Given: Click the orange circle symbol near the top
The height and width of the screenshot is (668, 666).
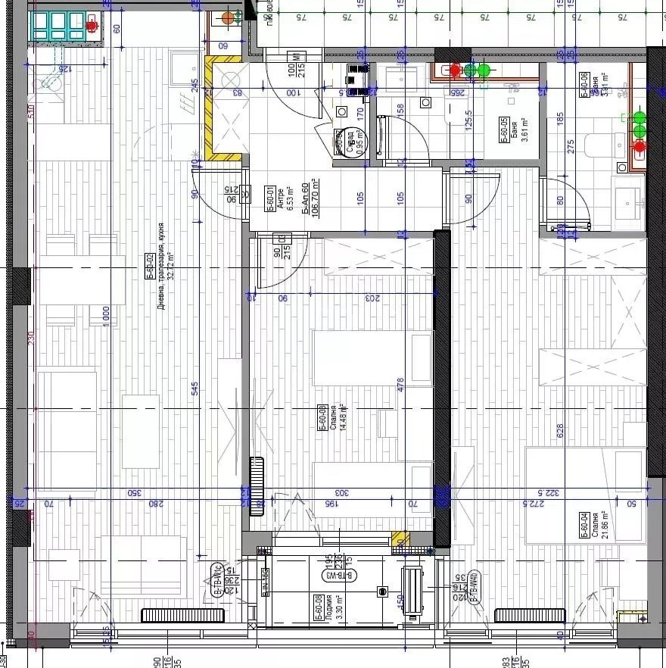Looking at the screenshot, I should [x=229, y=18].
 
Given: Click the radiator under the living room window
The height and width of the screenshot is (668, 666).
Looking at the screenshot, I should [x=182, y=615].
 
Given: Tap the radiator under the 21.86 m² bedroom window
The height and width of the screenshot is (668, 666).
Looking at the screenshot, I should [x=530, y=615].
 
